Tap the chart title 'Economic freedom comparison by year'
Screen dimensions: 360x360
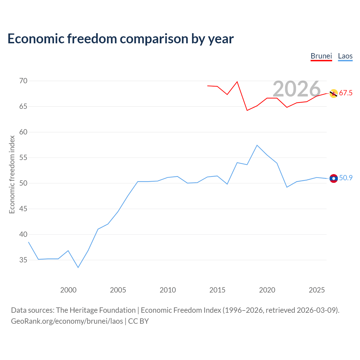(x=121, y=39)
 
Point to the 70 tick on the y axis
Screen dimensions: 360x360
(x=23, y=81)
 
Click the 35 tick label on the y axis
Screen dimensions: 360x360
(x=23, y=260)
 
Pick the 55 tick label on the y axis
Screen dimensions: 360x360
(x=23, y=158)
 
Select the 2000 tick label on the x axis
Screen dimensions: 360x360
(x=68, y=290)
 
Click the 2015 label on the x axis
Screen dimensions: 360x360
(x=217, y=290)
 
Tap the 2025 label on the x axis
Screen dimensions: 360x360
(x=317, y=290)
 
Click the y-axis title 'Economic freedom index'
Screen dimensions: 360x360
(x=12, y=174)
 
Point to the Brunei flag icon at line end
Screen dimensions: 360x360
(x=334, y=93)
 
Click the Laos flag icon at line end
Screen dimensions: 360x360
(x=334, y=178)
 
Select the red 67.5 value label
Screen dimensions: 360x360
(x=346, y=93)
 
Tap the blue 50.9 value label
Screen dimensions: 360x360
(x=346, y=178)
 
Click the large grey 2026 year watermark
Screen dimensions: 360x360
(x=297, y=89)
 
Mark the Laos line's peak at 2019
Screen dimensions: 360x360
(x=257, y=145)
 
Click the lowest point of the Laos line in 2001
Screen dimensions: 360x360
(x=78, y=267)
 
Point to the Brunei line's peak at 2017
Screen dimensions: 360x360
(x=237, y=82)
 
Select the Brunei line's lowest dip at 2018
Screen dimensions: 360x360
(x=247, y=111)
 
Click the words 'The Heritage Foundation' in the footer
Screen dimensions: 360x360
(x=96, y=310)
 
